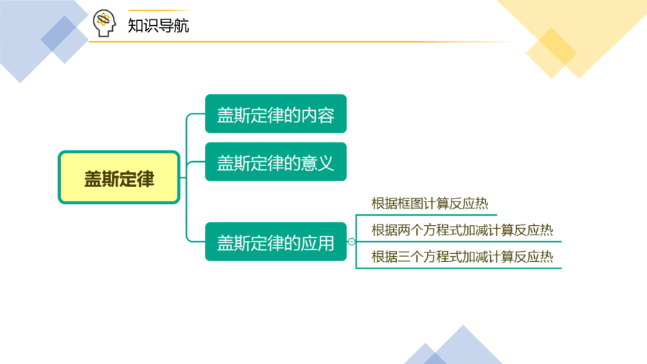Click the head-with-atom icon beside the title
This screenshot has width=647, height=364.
pos(104,23)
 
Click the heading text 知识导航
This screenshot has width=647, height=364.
pos(158,26)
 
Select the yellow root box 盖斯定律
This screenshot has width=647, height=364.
pos(119,177)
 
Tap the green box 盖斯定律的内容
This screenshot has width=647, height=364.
pos(275,114)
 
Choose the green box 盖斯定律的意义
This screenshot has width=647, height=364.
pos(275,162)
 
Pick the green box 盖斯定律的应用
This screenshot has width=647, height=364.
pos(275,242)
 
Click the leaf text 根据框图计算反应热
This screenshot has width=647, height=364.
pos(430,204)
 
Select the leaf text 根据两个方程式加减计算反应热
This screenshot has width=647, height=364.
pos(462,230)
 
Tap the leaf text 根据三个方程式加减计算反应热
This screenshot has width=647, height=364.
pos(462,257)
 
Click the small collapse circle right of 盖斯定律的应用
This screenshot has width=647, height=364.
pos(351,242)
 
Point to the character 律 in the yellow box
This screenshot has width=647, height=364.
pos(146,179)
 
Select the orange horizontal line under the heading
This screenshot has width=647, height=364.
pos(301,42)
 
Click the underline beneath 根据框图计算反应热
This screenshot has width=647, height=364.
pos(426,214)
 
